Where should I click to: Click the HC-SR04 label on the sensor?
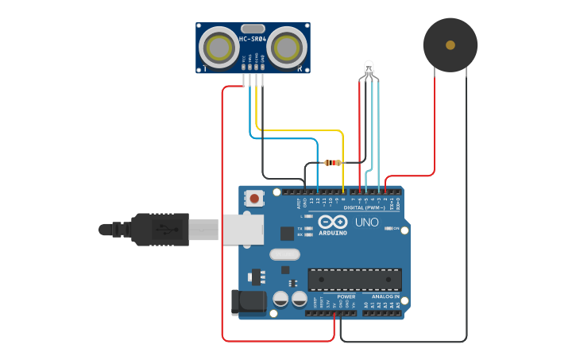pos(253,38)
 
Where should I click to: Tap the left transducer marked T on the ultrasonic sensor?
pos(216,48)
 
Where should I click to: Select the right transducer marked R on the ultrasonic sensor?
pos(287,48)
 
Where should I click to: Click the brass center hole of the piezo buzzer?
pos(450,45)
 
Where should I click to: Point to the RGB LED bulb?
pos(368,68)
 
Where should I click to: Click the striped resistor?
pos(333,163)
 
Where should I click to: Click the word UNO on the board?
pos(365,223)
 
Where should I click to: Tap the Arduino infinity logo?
pos(333,222)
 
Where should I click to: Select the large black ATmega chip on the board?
pos(354,279)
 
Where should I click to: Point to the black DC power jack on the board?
pos(247,303)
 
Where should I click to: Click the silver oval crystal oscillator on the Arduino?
pos(285,255)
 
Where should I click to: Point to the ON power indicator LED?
pos(389,229)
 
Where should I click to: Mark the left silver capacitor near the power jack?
pos(280,300)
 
